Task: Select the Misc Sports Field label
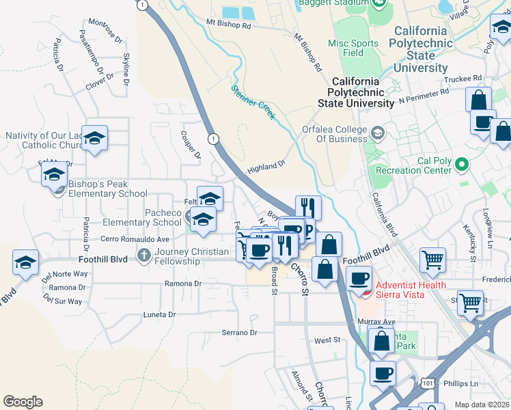pos(353,48)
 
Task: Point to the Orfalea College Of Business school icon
pos(377,131)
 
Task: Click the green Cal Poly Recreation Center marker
pos(462,164)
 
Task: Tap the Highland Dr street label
pos(265,167)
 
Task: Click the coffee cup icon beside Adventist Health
pos(359,277)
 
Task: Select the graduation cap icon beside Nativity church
pos(95,137)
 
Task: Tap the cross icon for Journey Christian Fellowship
pos(143,256)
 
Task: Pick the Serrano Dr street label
pos(238,333)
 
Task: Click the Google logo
pos(23,402)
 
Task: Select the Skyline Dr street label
pos(126,69)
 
